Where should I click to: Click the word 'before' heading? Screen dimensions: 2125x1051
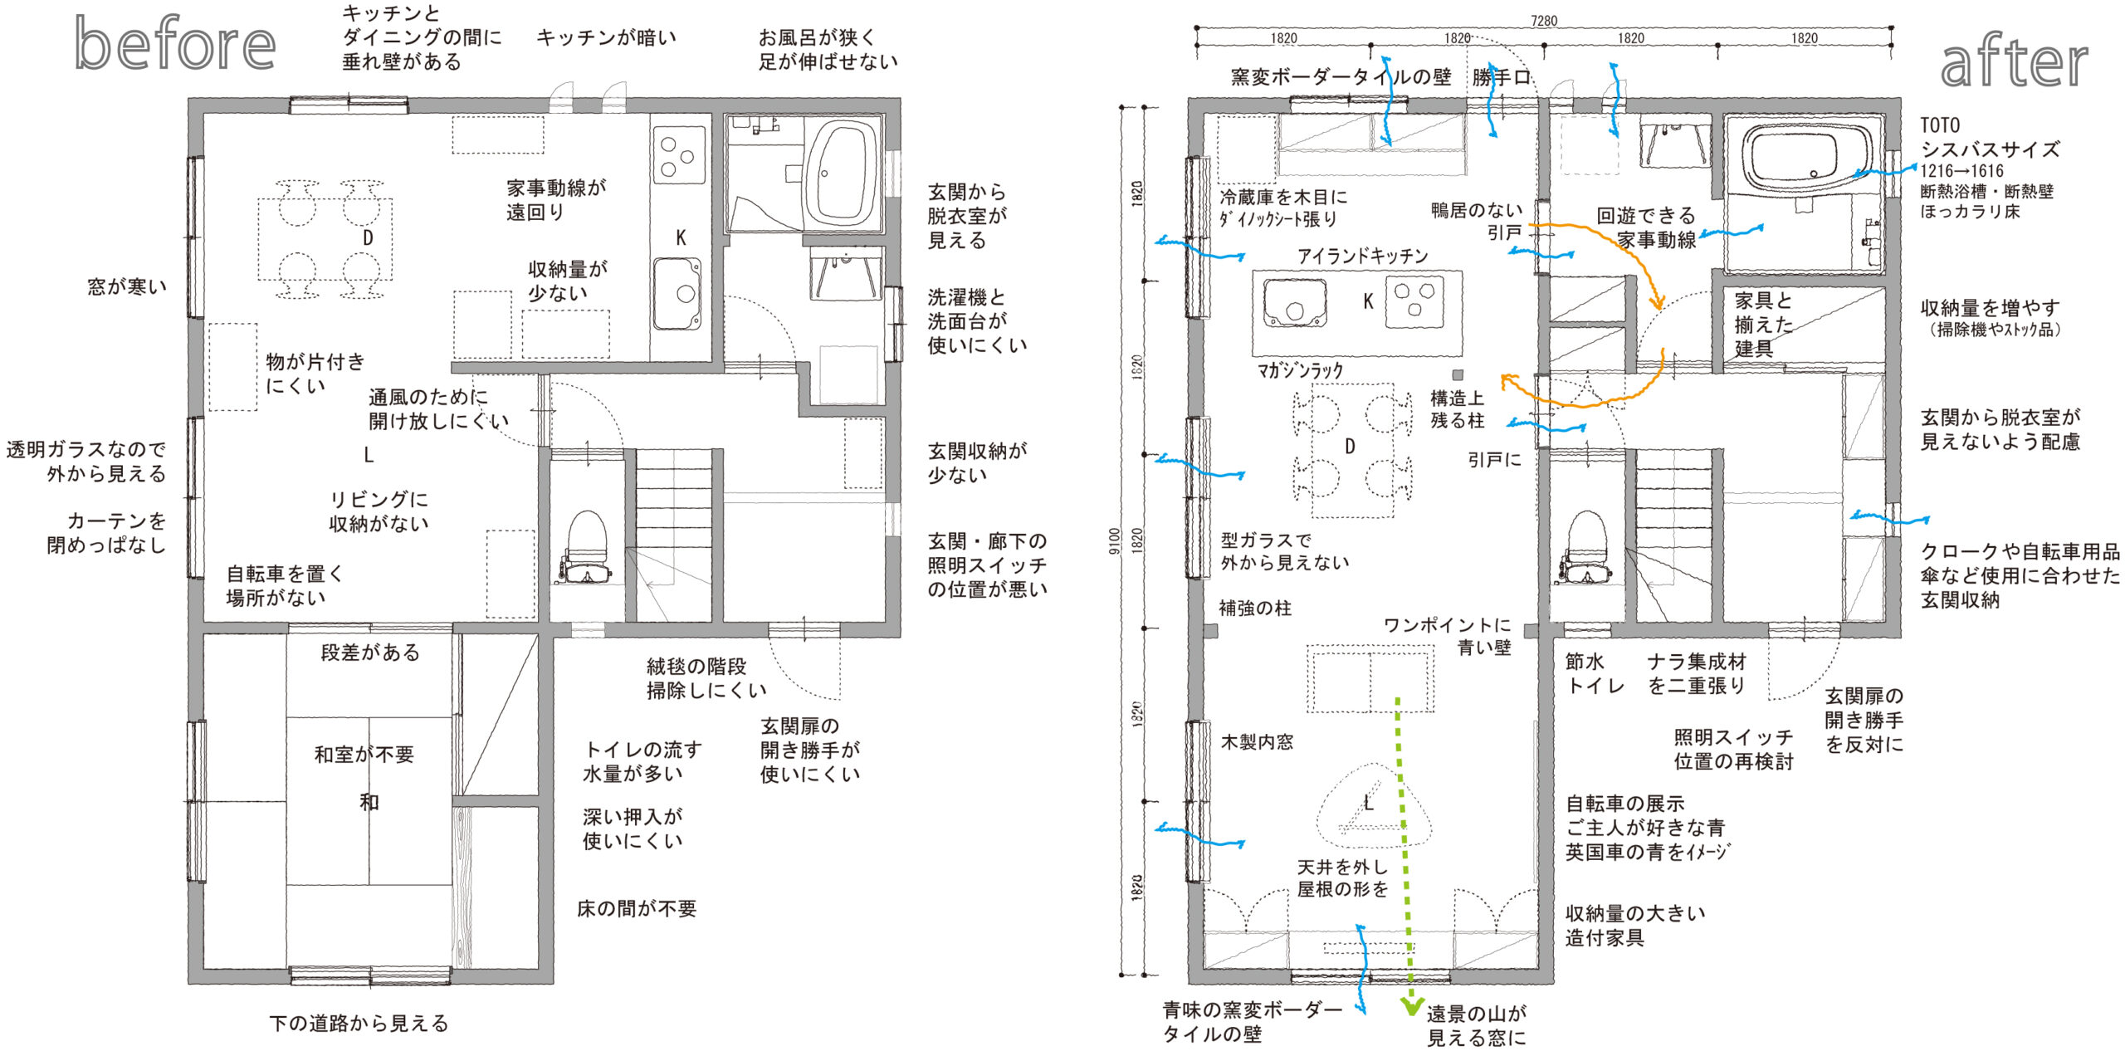175,43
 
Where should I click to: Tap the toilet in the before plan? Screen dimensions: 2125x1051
587,548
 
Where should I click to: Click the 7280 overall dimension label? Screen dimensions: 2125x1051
1544,21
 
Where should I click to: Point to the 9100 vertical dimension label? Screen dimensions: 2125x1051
1114,540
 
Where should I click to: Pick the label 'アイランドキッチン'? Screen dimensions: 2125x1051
1363,256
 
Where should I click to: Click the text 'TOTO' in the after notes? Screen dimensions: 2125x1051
1940,125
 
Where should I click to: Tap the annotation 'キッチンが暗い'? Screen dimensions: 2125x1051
607,37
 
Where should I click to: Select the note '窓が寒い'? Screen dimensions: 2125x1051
127,286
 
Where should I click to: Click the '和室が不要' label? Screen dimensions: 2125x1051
364,754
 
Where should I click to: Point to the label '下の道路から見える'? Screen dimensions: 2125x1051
359,1023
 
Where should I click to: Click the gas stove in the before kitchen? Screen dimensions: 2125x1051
678,154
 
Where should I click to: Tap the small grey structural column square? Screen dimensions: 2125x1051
1458,375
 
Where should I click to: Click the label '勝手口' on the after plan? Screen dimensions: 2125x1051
1502,77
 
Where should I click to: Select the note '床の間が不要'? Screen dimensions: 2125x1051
637,908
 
